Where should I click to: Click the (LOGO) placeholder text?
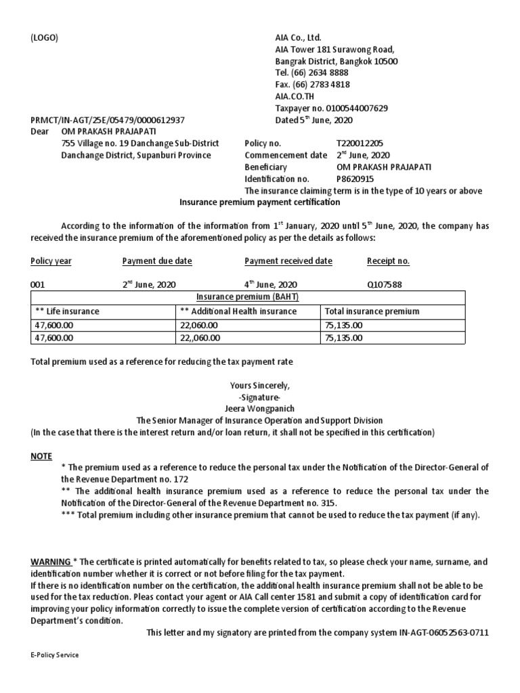(x=45, y=38)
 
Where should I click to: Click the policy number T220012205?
(x=360, y=144)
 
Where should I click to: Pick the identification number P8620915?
(x=355, y=179)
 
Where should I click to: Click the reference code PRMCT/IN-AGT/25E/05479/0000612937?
(x=108, y=120)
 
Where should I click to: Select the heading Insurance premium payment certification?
(x=259, y=202)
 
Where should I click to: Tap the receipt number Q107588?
(x=384, y=285)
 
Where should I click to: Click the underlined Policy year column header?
(x=51, y=261)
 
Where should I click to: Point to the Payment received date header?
(x=288, y=261)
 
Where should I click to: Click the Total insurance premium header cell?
(x=372, y=311)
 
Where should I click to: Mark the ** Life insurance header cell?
(x=67, y=311)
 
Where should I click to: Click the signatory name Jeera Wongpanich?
(x=259, y=409)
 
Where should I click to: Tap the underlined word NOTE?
(x=41, y=456)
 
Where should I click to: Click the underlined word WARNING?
(x=51, y=562)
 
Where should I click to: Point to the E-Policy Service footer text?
(x=55, y=655)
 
